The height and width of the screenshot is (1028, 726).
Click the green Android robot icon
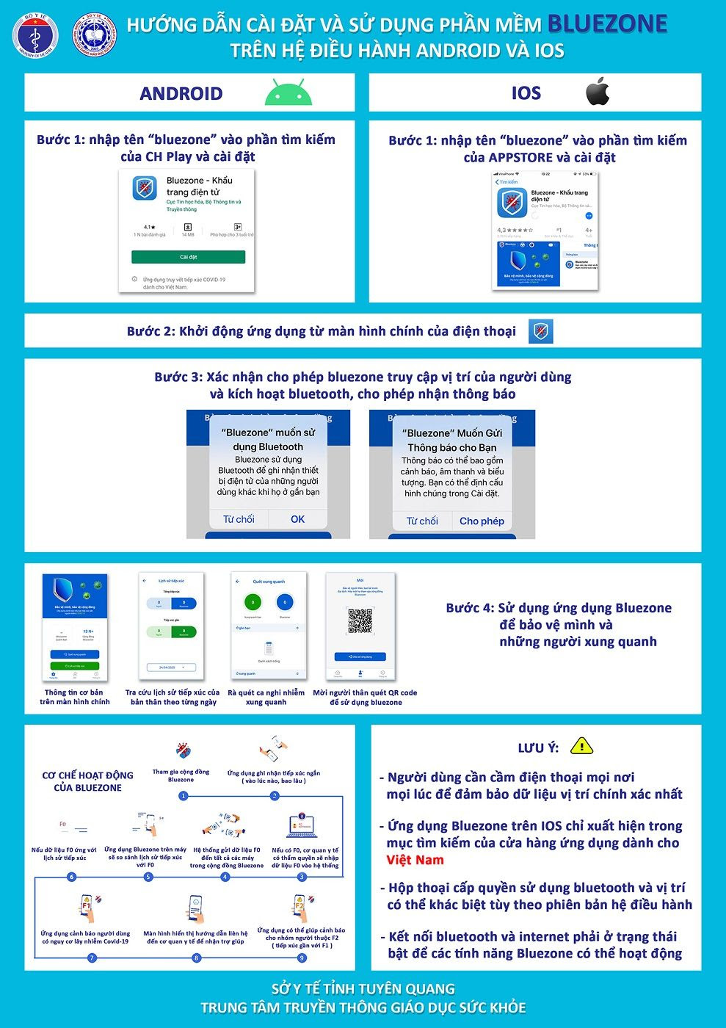click(x=288, y=93)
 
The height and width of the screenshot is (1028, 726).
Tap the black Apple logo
click(x=598, y=92)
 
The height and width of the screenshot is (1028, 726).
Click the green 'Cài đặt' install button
click(x=188, y=257)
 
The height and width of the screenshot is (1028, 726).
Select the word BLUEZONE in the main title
click(x=607, y=24)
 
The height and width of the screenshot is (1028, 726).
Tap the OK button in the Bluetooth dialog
click(x=297, y=519)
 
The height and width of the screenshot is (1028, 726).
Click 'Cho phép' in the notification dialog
click(x=482, y=521)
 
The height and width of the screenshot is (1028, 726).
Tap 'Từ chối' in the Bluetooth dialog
click(x=239, y=519)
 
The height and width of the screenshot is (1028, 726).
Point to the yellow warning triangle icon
click(x=581, y=746)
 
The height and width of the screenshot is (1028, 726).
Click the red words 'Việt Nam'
click(x=415, y=860)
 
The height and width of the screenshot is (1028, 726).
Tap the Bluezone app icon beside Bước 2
click(x=540, y=331)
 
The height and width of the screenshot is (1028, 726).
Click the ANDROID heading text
click(x=181, y=93)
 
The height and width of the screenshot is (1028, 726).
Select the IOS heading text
click(x=526, y=93)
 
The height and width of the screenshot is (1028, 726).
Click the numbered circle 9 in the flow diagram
click(x=302, y=958)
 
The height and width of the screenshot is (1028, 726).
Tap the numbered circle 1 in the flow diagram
click(x=182, y=796)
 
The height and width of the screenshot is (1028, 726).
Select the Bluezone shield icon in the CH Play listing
click(x=145, y=189)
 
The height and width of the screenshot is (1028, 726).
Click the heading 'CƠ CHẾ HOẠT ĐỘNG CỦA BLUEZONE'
click(x=87, y=781)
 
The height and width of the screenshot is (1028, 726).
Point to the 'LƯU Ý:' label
click(x=538, y=748)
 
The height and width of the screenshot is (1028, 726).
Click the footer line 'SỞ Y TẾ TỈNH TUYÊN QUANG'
click(x=363, y=989)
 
